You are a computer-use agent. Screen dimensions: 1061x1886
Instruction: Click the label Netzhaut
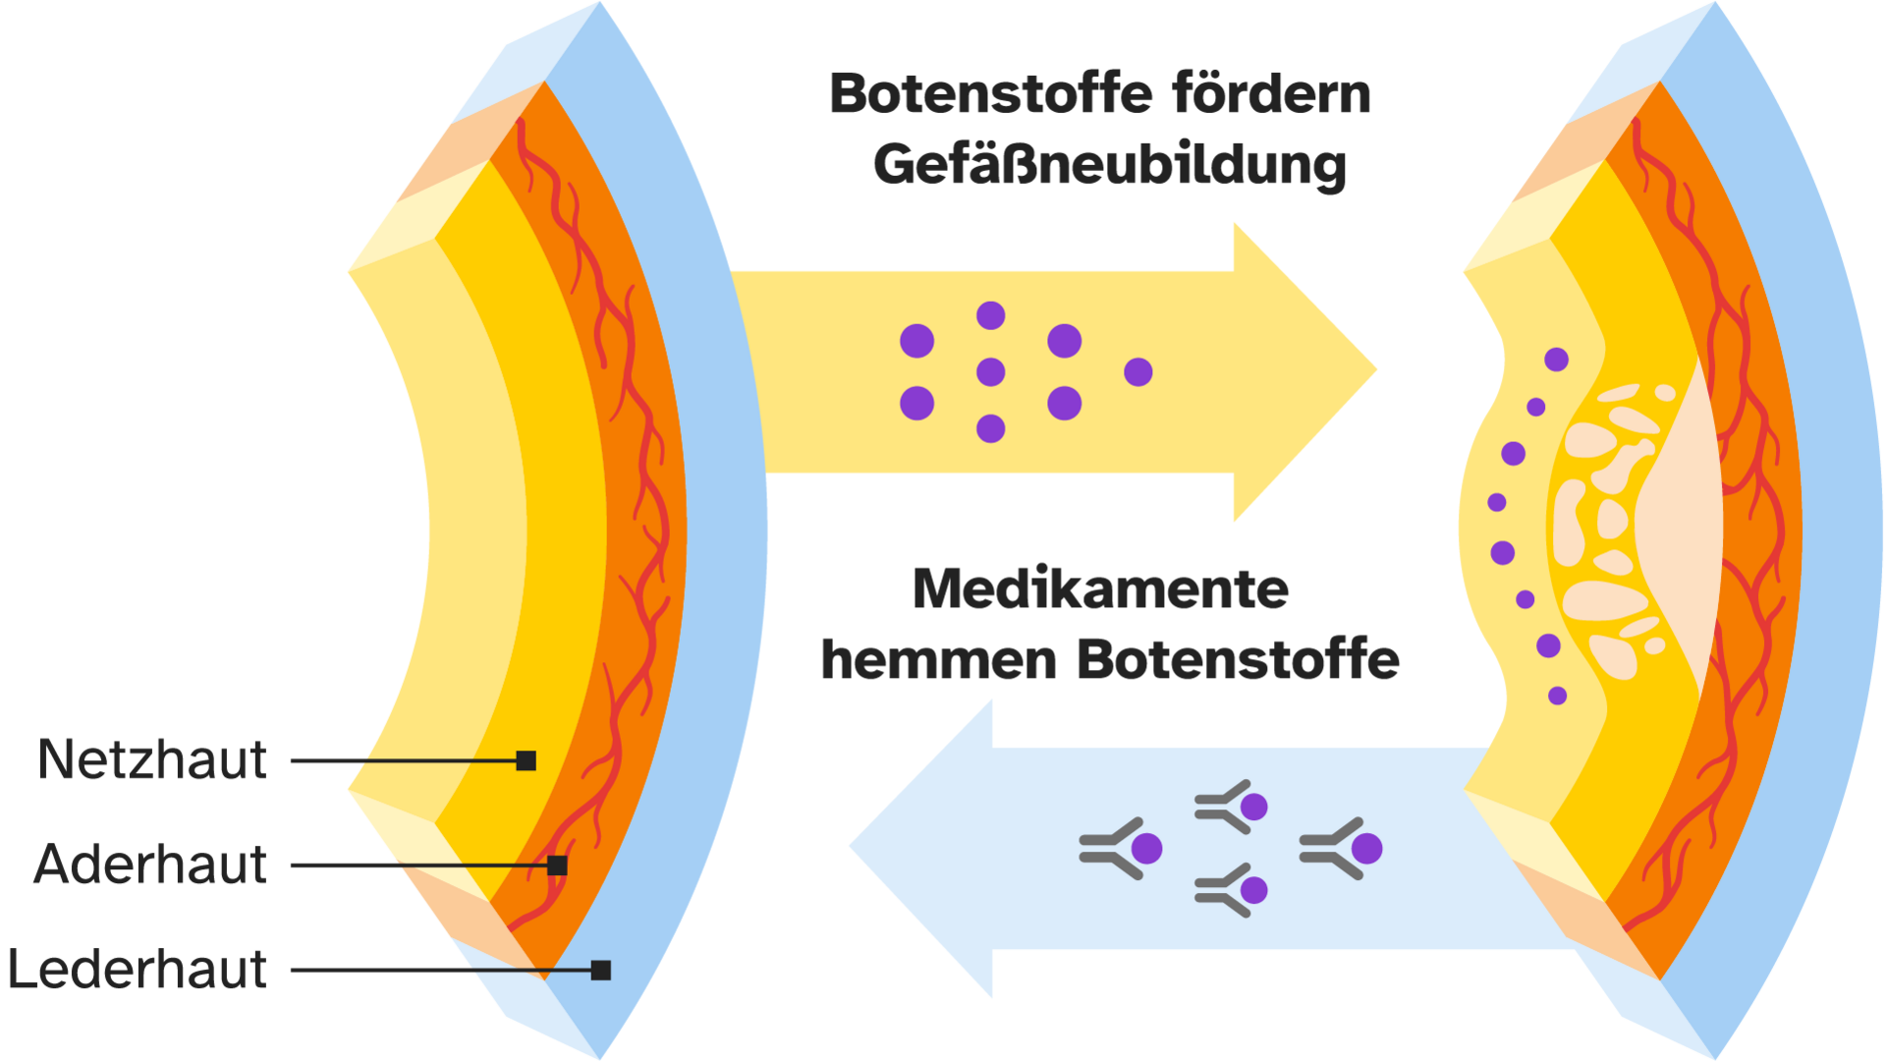pyautogui.click(x=152, y=760)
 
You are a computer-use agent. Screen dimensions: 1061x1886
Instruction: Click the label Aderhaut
pyautogui.click(x=150, y=866)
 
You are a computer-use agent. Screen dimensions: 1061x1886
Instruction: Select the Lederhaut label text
pyautogui.click(x=138, y=971)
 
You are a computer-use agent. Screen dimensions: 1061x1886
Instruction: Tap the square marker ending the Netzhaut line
pyautogui.click(x=527, y=760)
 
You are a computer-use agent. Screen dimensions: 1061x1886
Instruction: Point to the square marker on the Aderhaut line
pyautogui.click(x=557, y=866)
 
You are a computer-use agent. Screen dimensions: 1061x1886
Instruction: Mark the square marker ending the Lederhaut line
pyautogui.click(x=601, y=971)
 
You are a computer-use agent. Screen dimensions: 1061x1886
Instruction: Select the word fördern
pyautogui.click(x=1271, y=94)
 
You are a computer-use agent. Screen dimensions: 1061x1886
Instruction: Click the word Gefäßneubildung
pyautogui.click(x=1110, y=165)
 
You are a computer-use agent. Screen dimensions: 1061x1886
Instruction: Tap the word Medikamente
pyautogui.click(x=1101, y=590)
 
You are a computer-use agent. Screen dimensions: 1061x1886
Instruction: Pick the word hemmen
pyautogui.click(x=938, y=660)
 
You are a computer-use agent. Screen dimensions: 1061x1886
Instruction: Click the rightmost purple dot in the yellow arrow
pyautogui.click(x=1137, y=372)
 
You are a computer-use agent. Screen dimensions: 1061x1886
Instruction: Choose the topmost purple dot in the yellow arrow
pyautogui.click(x=990, y=315)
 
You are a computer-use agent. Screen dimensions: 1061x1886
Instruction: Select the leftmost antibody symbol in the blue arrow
pyautogui.click(x=1120, y=848)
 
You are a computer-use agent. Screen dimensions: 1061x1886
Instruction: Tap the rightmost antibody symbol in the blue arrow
pyautogui.click(x=1340, y=848)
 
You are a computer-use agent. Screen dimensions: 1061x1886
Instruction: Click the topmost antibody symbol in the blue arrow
pyautogui.click(x=1231, y=807)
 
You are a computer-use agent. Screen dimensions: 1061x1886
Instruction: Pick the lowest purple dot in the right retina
pyautogui.click(x=1557, y=696)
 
